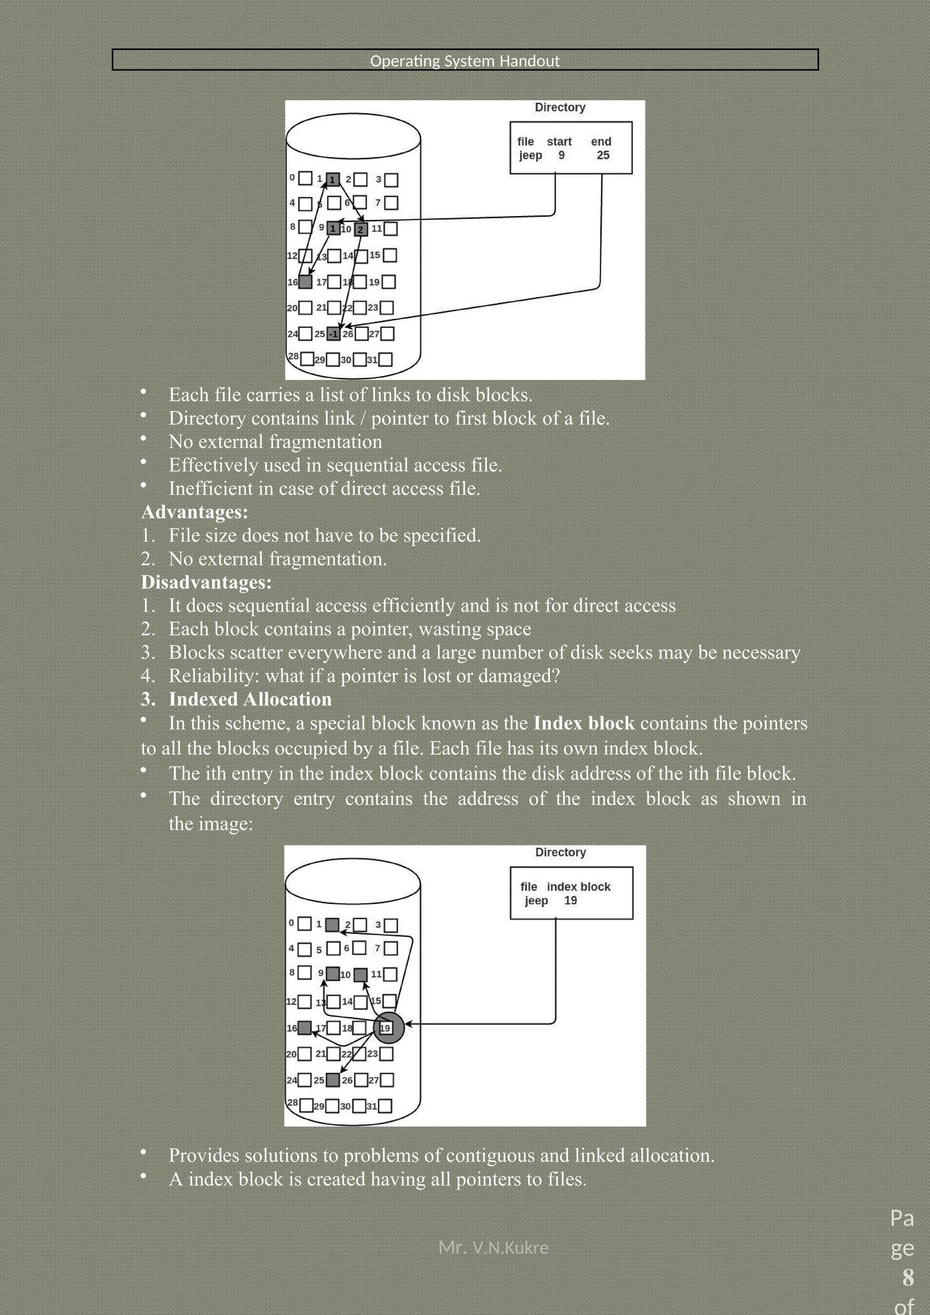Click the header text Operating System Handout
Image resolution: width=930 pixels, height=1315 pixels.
[465, 61]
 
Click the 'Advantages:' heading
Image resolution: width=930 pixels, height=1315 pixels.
[194, 511]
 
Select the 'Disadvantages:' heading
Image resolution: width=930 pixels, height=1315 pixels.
[206, 582]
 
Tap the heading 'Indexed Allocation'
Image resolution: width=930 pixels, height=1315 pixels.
[250, 699]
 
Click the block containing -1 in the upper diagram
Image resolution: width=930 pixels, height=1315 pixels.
[333, 334]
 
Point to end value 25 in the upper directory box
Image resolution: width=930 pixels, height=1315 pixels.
[603, 155]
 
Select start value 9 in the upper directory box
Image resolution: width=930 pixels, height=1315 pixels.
[562, 155]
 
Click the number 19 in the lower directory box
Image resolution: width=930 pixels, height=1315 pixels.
[570, 900]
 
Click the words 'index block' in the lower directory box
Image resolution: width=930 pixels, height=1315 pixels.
[578, 887]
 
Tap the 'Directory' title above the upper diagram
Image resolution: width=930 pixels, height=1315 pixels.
[560, 107]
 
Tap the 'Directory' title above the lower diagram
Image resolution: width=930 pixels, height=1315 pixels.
[560, 852]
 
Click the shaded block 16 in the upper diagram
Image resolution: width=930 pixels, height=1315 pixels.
[306, 282]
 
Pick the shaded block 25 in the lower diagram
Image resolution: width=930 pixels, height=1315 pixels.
[332, 1079]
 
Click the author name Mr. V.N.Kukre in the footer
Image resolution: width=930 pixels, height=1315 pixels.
[493, 1247]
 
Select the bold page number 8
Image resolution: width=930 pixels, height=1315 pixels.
[908, 1277]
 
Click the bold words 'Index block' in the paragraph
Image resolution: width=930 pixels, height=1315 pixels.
[584, 723]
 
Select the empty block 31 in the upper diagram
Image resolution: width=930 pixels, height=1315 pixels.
[386, 360]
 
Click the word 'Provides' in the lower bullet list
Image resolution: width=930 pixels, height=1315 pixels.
[204, 1155]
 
